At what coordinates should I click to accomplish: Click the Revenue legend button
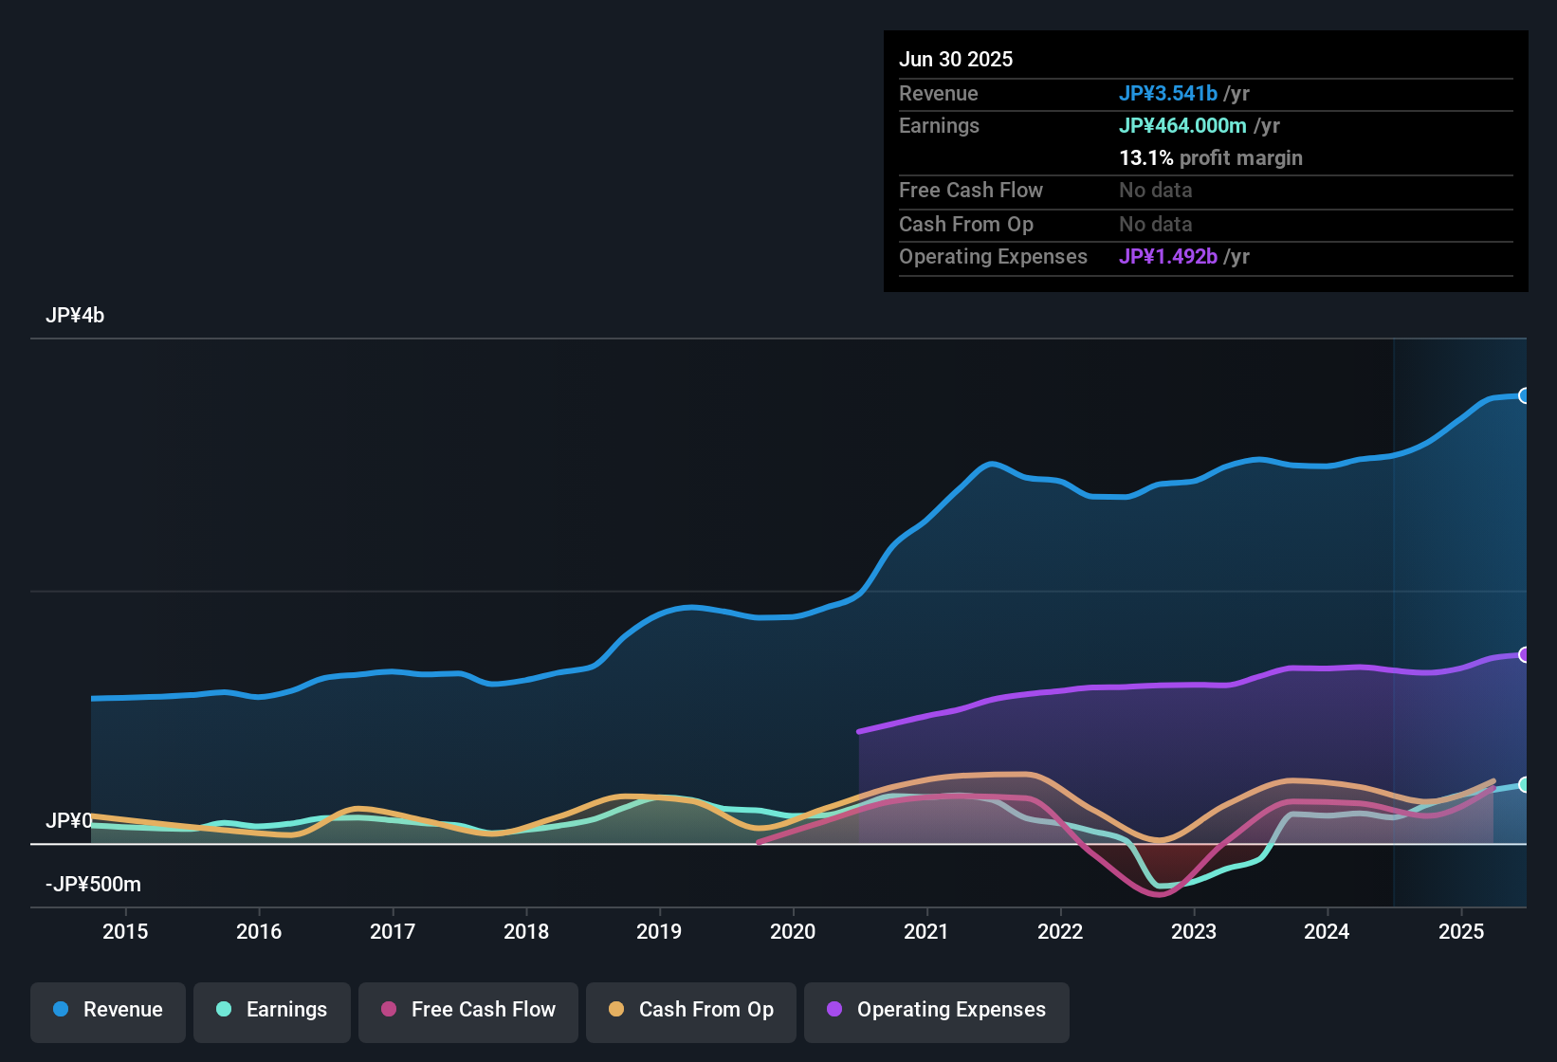(x=108, y=1010)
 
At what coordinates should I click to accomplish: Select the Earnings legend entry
(x=272, y=1010)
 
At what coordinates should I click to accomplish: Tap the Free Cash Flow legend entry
(x=468, y=1010)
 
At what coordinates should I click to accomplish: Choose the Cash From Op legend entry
(x=691, y=1010)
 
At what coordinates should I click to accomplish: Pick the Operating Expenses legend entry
(x=937, y=1010)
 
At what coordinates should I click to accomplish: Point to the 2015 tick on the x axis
(x=125, y=932)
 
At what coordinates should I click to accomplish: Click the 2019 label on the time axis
(x=659, y=932)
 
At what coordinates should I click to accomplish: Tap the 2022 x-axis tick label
(x=1060, y=932)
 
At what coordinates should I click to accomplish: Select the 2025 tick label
(x=1461, y=932)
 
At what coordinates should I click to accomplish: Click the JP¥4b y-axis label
(x=75, y=316)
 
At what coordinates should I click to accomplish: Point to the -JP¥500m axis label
(x=93, y=885)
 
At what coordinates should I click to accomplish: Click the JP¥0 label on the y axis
(x=69, y=821)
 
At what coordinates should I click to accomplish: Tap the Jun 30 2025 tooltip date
(x=956, y=60)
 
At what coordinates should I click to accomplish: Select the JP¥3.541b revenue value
(x=1168, y=94)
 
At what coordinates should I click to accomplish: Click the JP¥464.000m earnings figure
(x=1182, y=126)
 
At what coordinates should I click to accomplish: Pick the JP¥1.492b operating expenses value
(x=1168, y=257)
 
